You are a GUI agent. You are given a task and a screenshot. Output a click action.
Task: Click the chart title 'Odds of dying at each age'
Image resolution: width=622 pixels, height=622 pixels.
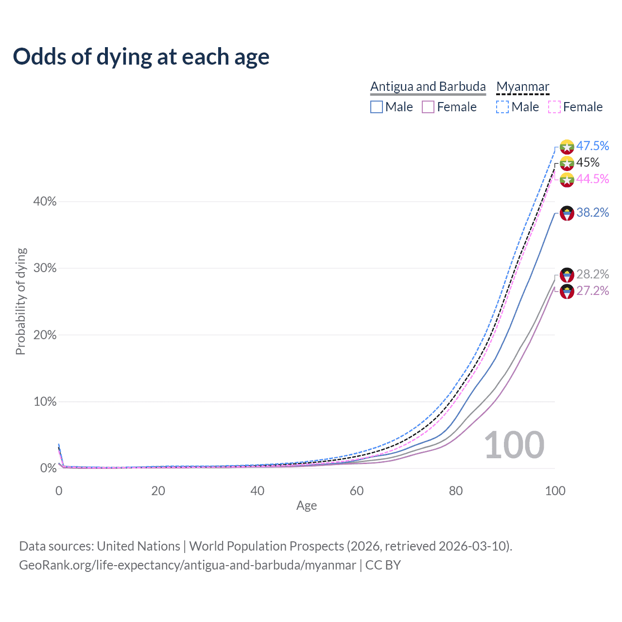pyautogui.click(x=141, y=57)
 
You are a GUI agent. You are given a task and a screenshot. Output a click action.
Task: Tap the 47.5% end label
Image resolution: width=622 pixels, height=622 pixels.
pyautogui.click(x=592, y=146)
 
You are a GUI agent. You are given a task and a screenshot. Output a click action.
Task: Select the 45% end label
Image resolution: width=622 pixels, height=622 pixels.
pyautogui.click(x=587, y=162)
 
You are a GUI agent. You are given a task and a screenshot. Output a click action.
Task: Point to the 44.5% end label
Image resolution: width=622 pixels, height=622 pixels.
pyautogui.click(x=592, y=179)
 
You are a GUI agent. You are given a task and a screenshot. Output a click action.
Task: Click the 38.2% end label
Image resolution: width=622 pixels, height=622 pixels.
pyautogui.click(x=592, y=212)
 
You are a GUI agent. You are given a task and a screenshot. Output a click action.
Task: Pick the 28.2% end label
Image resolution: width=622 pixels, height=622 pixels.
pyautogui.click(x=592, y=274)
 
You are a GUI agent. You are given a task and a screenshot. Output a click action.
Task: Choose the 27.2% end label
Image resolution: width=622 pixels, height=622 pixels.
pyautogui.click(x=592, y=291)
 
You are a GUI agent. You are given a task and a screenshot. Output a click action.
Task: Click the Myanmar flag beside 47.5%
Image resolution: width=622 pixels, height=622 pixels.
pyautogui.click(x=567, y=146)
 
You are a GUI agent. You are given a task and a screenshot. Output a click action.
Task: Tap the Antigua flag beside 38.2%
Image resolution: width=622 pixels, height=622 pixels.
pyautogui.click(x=567, y=213)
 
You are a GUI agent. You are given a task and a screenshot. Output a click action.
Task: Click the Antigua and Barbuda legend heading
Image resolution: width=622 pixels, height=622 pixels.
pyautogui.click(x=428, y=86)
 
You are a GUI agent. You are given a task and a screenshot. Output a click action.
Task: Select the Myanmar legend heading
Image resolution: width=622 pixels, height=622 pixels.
pyautogui.click(x=522, y=86)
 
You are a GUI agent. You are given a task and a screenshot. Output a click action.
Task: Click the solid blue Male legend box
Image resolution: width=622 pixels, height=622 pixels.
pyautogui.click(x=377, y=107)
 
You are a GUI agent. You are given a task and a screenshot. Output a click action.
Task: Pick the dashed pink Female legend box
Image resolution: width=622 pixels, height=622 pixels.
pyautogui.click(x=554, y=107)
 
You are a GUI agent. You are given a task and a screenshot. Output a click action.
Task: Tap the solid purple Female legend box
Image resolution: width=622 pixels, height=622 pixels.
pyautogui.click(x=428, y=107)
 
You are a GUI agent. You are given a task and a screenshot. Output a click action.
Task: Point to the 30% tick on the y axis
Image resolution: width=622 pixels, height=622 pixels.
pyautogui.click(x=45, y=268)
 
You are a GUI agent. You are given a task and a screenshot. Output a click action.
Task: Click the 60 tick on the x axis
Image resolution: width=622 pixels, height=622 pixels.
pyautogui.click(x=357, y=491)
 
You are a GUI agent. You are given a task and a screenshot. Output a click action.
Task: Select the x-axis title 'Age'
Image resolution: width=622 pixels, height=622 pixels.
pyautogui.click(x=307, y=506)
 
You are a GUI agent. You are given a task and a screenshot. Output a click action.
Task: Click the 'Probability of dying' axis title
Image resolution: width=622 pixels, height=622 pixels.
pyautogui.click(x=20, y=301)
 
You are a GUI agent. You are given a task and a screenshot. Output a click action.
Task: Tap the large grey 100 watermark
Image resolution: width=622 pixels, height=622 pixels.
pyautogui.click(x=514, y=445)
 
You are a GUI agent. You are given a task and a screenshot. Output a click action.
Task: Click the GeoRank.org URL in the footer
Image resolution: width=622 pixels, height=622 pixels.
pyautogui.click(x=188, y=565)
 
